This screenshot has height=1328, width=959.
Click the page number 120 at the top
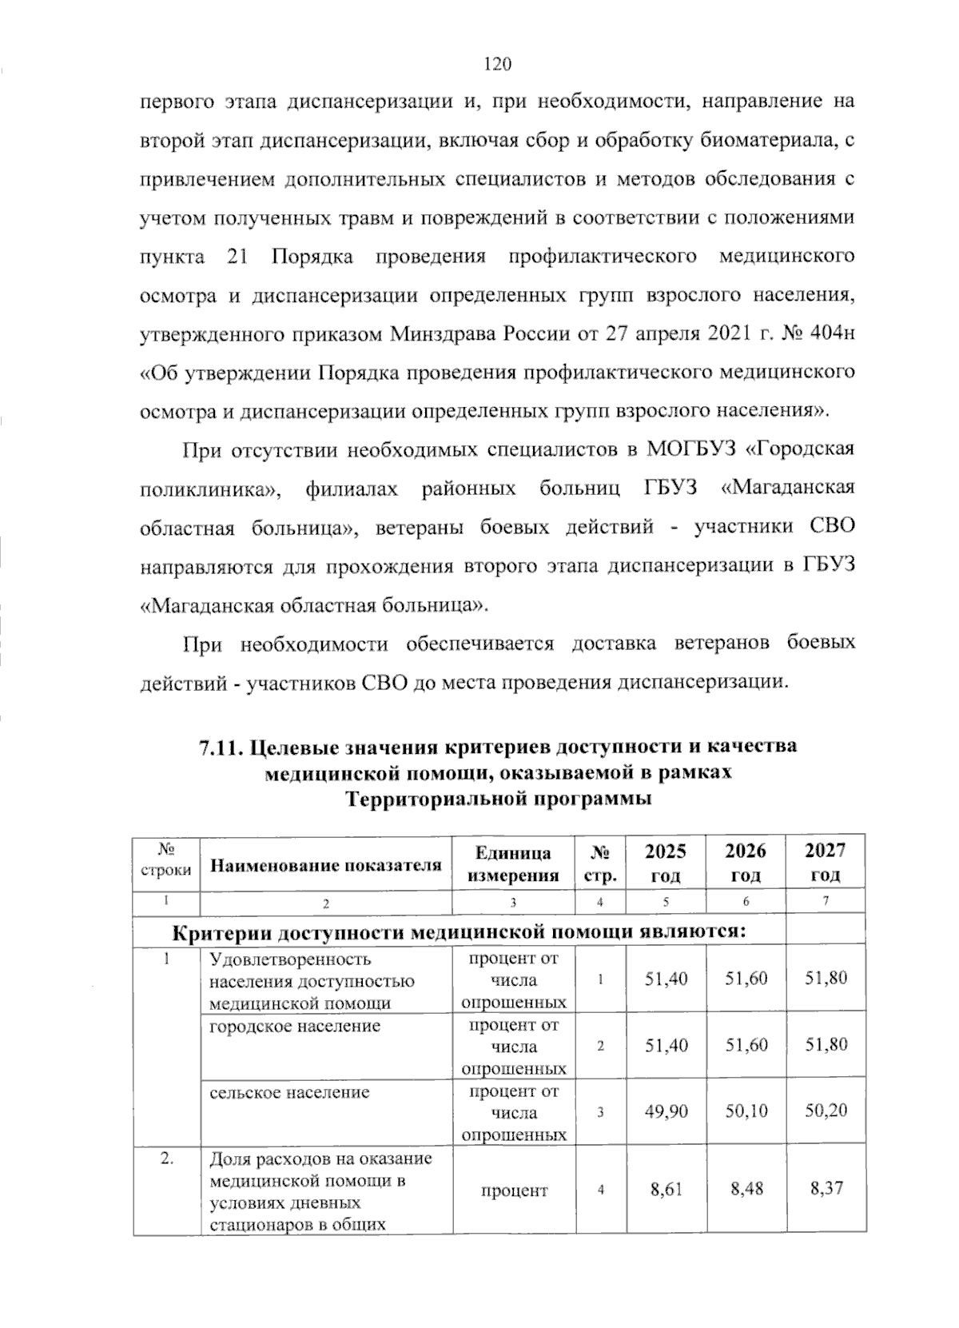[x=496, y=65]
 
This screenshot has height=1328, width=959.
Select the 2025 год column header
[x=666, y=862]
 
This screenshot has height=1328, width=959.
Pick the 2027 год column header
[x=826, y=862]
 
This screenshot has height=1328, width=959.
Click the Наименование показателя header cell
[x=325, y=865]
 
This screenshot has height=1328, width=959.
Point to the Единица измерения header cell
[x=513, y=863]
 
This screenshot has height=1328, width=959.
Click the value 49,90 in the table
[x=666, y=1111]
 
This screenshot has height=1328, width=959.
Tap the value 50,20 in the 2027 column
[x=826, y=1111]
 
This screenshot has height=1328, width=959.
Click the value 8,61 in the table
[x=667, y=1189]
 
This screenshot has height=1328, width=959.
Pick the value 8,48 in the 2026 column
[x=746, y=1189]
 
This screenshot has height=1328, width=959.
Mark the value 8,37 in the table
[x=826, y=1189]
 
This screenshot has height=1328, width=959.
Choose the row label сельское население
[x=289, y=1091]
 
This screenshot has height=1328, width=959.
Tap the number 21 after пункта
[x=239, y=257]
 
